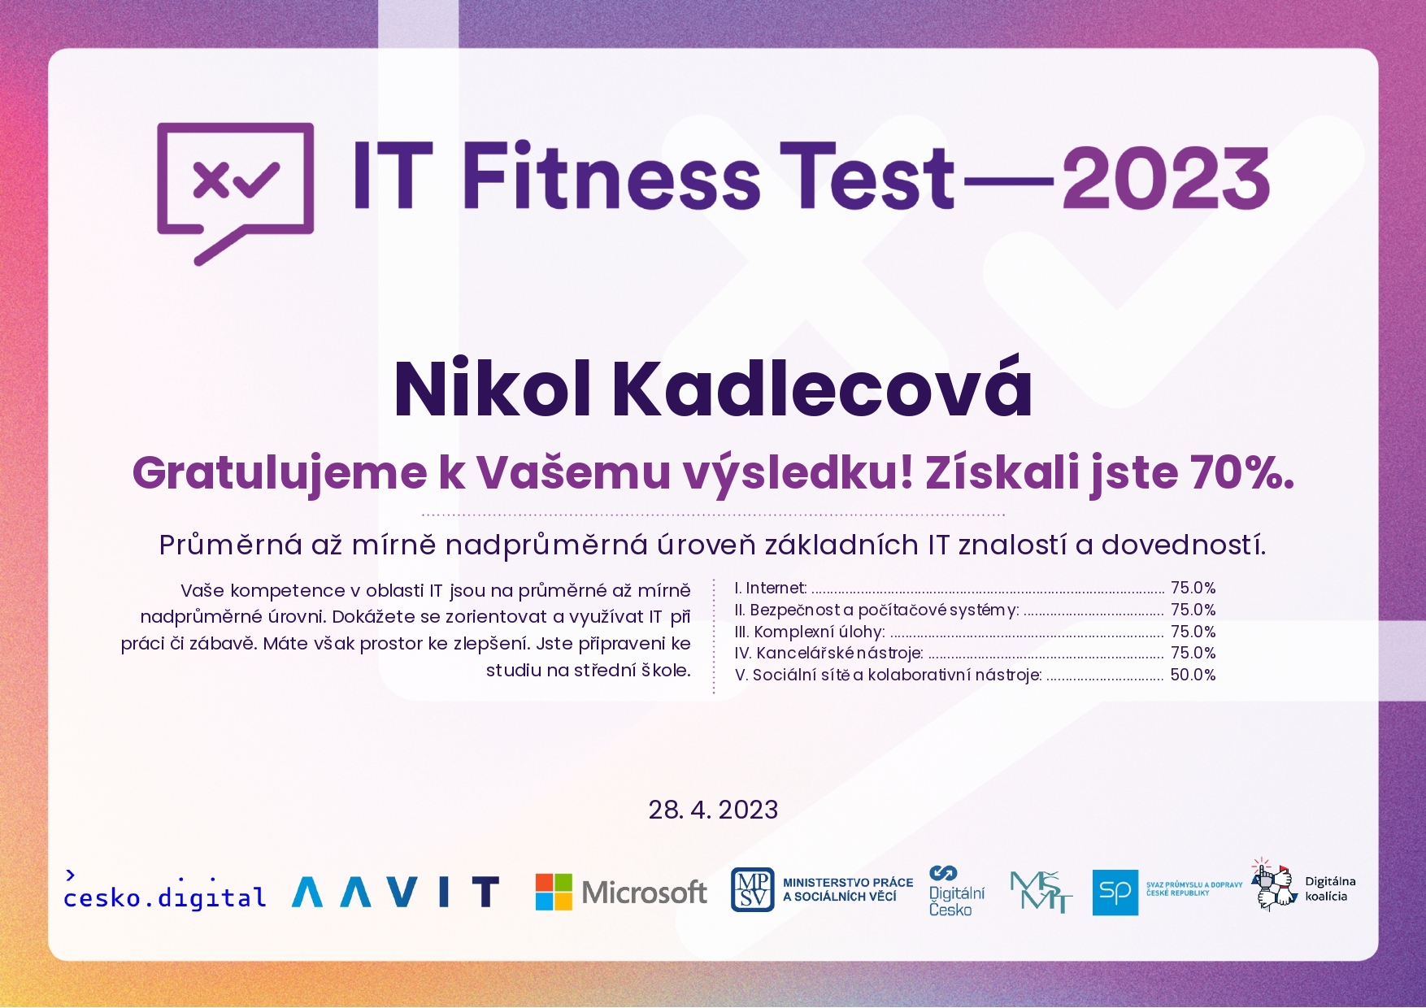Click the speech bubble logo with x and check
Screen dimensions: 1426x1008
(236, 193)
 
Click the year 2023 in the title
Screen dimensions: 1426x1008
(1166, 177)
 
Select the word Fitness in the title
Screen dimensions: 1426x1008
(611, 175)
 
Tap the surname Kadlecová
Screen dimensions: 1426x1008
(822, 389)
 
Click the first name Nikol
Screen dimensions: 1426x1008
(493, 389)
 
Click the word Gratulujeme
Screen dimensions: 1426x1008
(280, 474)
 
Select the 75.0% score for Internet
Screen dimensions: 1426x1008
(1193, 588)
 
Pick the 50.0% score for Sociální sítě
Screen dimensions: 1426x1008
(1193, 675)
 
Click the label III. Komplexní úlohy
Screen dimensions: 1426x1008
(810, 632)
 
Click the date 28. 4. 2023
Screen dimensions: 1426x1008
(713, 810)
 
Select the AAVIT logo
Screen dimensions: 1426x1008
(395, 892)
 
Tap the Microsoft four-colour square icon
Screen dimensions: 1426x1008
(554, 892)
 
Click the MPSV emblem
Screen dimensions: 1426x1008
(752, 889)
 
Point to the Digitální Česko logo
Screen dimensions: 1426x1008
(956, 891)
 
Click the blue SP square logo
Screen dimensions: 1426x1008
(1115, 892)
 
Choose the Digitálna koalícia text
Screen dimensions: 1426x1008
(1330, 889)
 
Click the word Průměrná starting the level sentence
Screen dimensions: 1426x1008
(231, 545)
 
